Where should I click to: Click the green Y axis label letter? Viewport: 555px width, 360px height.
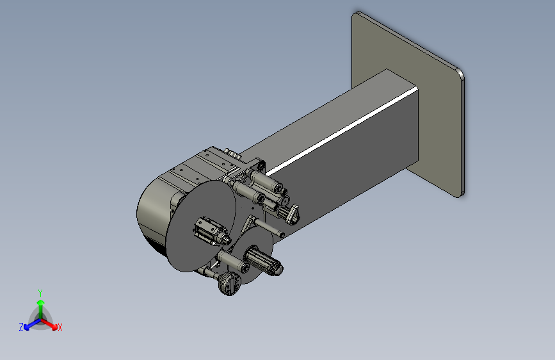click(40, 291)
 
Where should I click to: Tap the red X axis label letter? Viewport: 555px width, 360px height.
click(60, 328)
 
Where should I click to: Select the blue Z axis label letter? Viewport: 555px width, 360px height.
click(21, 327)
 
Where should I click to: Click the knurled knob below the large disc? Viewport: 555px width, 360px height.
click(229, 283)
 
